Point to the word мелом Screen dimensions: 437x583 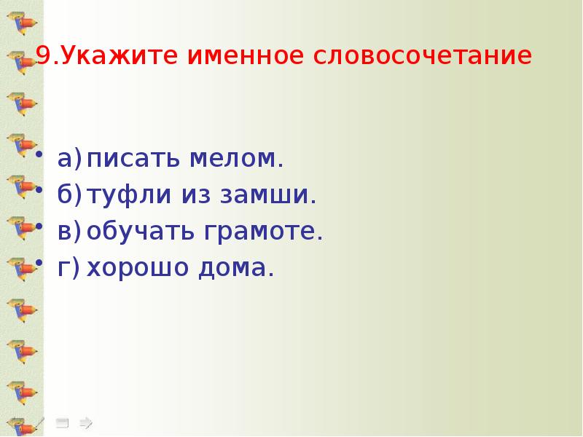[238, 158]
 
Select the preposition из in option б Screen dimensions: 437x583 [196, 195]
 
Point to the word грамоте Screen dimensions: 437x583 [262, 232]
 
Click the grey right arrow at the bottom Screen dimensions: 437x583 [85, 422]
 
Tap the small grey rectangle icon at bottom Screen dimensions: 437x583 [62, 422]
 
